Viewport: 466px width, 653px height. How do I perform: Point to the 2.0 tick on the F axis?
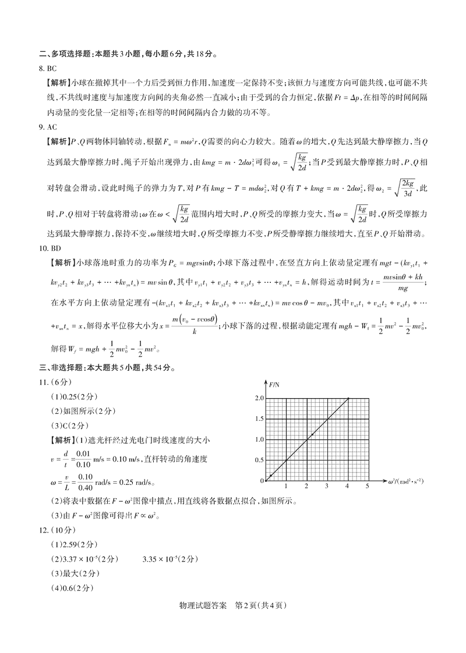point(259,399)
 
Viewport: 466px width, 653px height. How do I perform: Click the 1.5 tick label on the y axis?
point(259,419)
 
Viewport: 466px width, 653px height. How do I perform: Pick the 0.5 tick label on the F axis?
point(259,460)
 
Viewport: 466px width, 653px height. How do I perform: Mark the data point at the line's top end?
point(348,399)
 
